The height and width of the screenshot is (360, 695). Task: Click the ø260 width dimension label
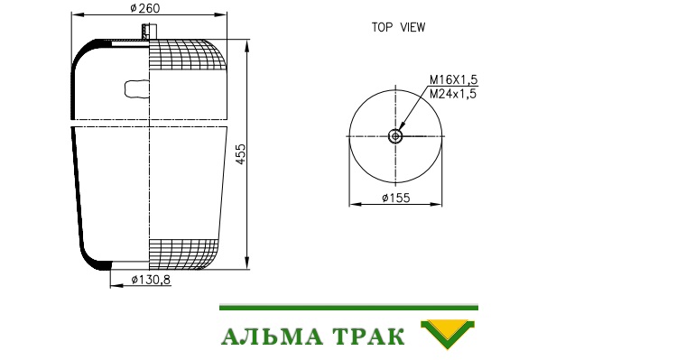(x=145, y=8)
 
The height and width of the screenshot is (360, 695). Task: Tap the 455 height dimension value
(x=241, y=154)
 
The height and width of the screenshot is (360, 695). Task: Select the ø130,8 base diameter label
(x=151, y=280)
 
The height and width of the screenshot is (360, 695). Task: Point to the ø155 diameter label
(x=396, y=198)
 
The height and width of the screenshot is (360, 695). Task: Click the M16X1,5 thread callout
(x=453, y=79)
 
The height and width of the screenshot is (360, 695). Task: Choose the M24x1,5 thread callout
(x=453, y=94)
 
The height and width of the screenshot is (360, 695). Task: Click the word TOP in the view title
(x=382, y=27)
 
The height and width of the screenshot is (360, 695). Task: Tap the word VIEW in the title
(x=412, y=27)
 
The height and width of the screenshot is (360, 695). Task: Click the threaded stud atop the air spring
(x=150, y=32)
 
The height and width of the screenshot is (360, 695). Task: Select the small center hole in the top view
(x=395, y=136)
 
